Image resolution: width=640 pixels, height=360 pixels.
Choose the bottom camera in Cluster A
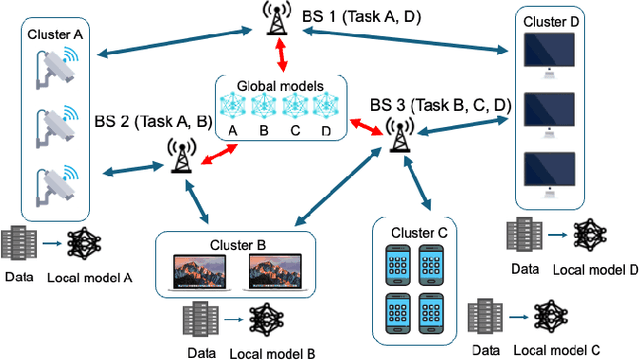(x=53, y=185)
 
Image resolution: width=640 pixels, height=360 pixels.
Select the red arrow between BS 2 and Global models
(x=218, y=152)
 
